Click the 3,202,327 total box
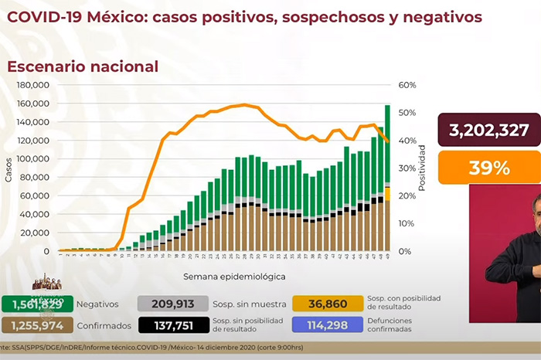488,129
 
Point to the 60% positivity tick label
407,85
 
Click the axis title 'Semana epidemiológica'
223,276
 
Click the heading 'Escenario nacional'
83,67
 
